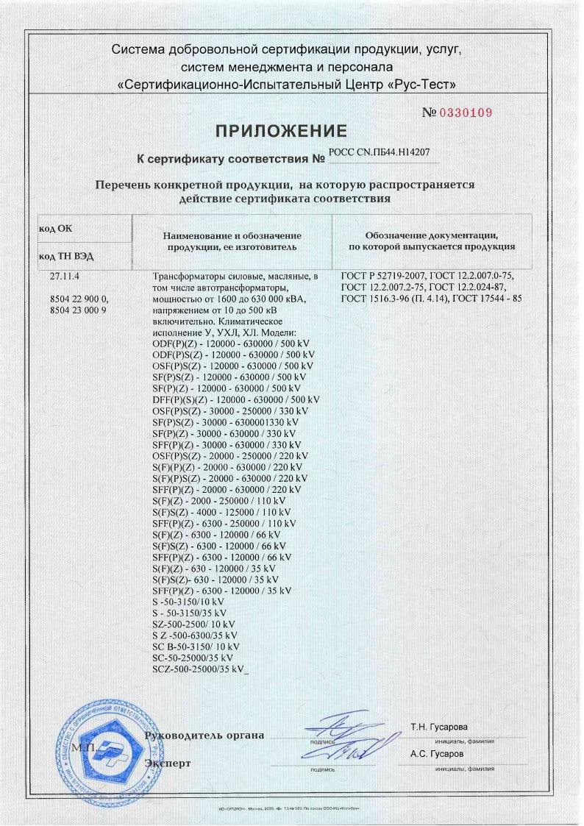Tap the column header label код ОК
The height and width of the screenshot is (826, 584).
(56, 229)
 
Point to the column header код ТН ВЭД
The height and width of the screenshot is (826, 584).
(66, 257)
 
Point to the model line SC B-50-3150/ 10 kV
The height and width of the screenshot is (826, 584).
(193, 646)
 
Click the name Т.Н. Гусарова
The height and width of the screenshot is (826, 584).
(438, 727)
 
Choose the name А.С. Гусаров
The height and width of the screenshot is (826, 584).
(437, 755)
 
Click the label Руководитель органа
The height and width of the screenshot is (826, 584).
(205, 736)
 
